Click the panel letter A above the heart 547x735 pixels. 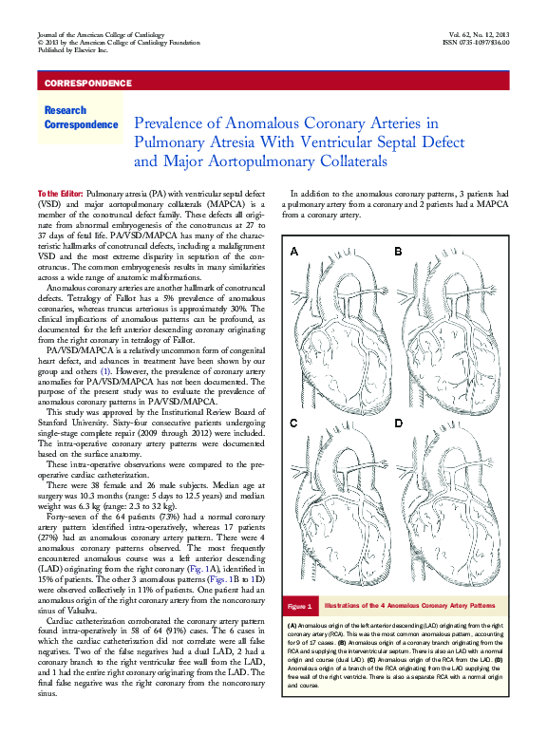(294, 252)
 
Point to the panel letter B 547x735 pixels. (399, 252)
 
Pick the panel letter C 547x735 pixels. (294, 423)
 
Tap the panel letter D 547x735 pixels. (399, 423)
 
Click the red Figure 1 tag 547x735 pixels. (300, 606)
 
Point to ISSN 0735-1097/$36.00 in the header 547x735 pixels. (475, 43)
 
